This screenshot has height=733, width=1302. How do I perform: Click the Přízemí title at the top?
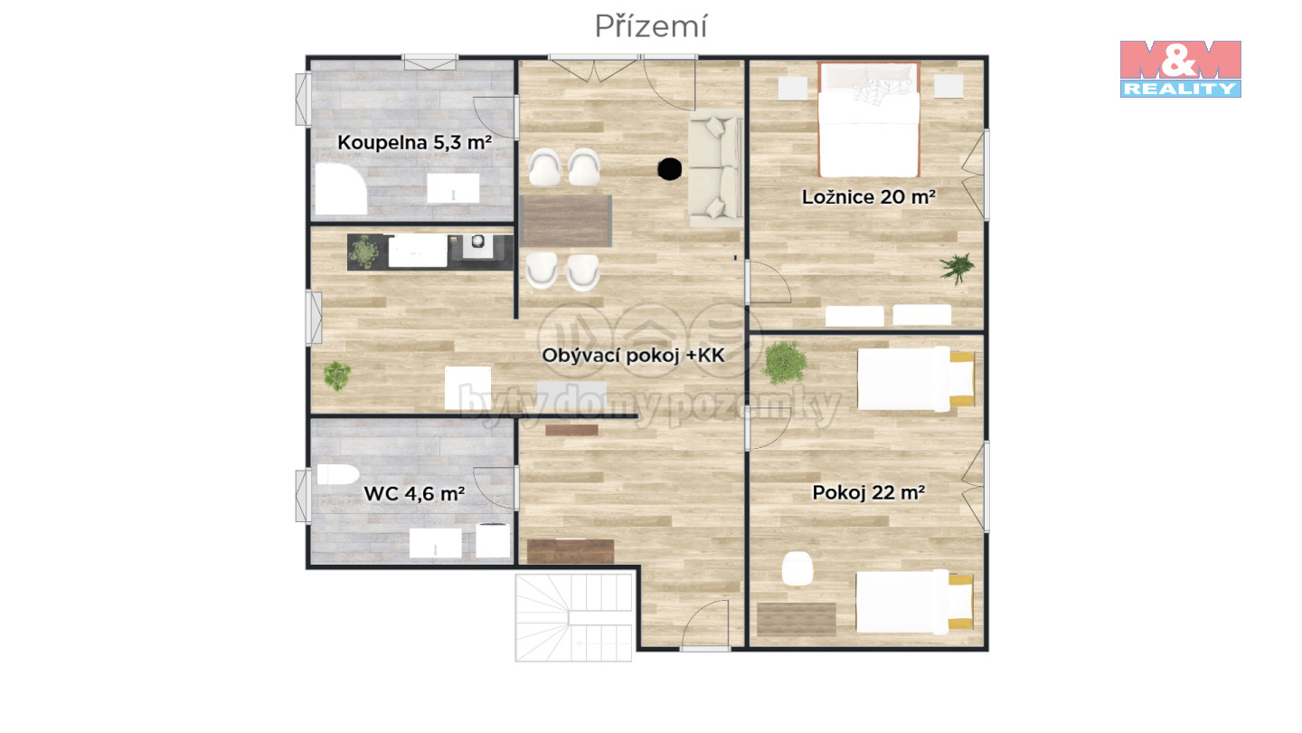[650, 27]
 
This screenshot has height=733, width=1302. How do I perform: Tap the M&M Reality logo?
[1181, 69]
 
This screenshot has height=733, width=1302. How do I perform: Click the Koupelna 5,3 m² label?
[414, 143]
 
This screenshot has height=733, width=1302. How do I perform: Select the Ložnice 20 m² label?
[868, 197]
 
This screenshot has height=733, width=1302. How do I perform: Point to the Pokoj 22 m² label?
[868, 492]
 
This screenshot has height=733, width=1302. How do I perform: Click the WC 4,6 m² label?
[414, 494]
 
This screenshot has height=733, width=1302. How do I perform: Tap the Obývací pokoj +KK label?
[633, 356]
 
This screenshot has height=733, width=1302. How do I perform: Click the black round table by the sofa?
[670, 169]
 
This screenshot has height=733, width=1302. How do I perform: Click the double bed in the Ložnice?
[868, 119]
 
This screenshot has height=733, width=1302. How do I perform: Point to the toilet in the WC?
[337, 475]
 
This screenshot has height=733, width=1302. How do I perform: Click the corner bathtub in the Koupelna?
[341, 189]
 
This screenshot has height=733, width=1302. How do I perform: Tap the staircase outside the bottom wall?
[573, 617]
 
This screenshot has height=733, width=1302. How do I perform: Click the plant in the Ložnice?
[957, 268]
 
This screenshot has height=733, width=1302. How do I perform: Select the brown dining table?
[566, 221]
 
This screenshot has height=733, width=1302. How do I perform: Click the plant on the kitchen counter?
[363, 252]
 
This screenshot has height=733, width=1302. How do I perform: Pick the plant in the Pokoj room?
[785, 362]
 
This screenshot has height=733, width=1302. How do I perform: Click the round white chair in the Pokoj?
[797, 568]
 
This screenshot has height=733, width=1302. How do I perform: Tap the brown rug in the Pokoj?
[797, 619]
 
